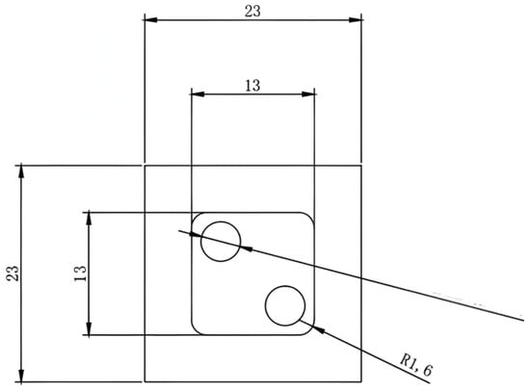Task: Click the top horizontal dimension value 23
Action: (252, 11)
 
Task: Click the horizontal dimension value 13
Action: (252, 86)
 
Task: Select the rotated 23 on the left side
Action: (13, 274)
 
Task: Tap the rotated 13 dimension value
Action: (80, 274)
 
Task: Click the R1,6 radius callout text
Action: (415, 365)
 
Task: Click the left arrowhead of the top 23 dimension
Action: (150, 20)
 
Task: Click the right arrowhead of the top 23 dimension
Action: (356, 20)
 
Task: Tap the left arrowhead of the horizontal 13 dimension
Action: (198, 94)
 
